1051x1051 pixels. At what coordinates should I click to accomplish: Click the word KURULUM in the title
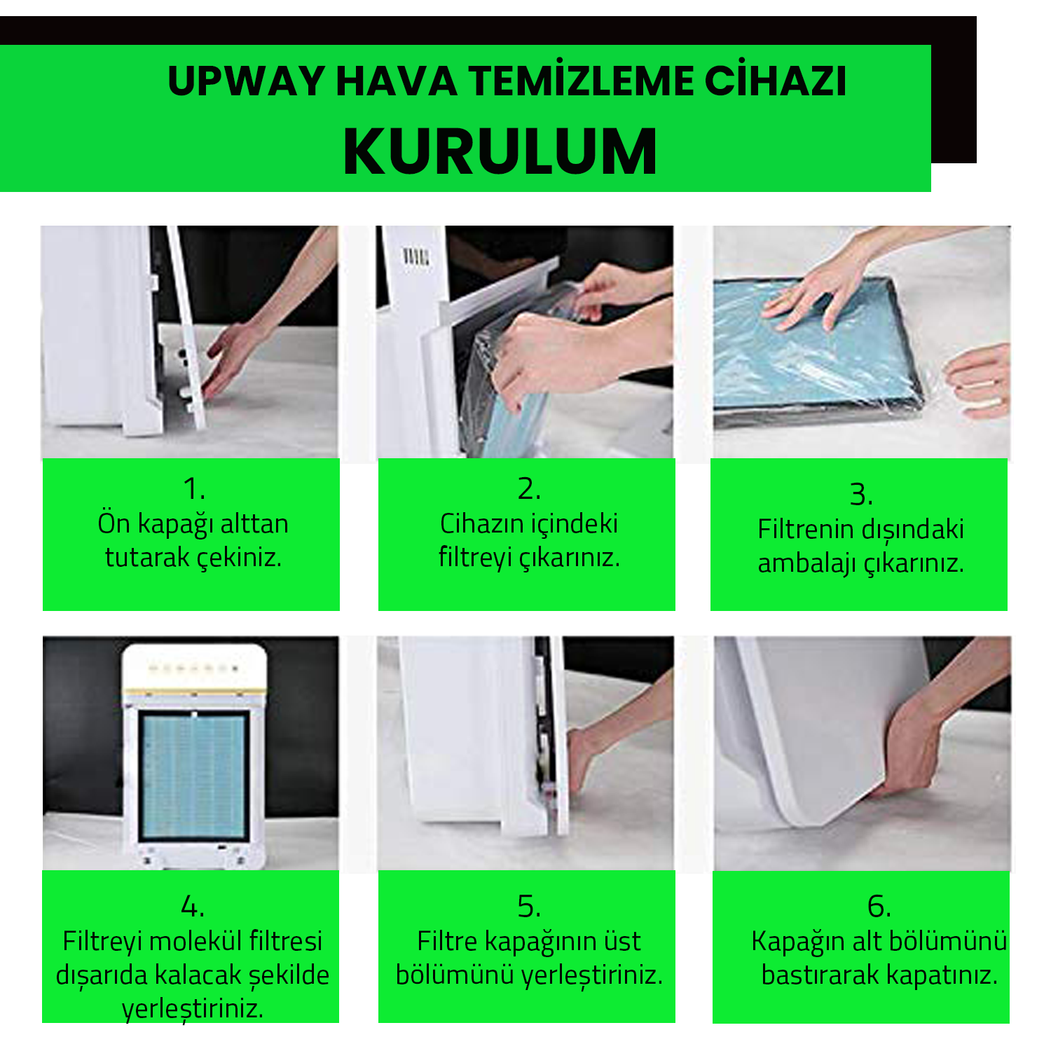pyautogui.click(x=500, y=151)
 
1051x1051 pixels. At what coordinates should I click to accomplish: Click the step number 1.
pyautogui.click(x=193, y=488)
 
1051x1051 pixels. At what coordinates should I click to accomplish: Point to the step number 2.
pyautogui.click(x=529, y=488)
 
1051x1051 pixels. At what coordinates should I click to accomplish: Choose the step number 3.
pyautogui.click(x=861, y=495)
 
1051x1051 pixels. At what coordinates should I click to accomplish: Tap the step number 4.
pyautogui.click(x=193, y=907)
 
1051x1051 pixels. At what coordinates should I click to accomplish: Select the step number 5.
pyautogui.click(x=529, y=907)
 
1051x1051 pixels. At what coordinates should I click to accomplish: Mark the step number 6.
pyautogui.click(x=879, y=907)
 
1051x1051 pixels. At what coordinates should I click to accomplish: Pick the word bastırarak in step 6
pyautogui.click(x=820, y=975)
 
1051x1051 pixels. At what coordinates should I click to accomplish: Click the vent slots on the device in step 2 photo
pyautogui.click(x=415, y=256)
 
